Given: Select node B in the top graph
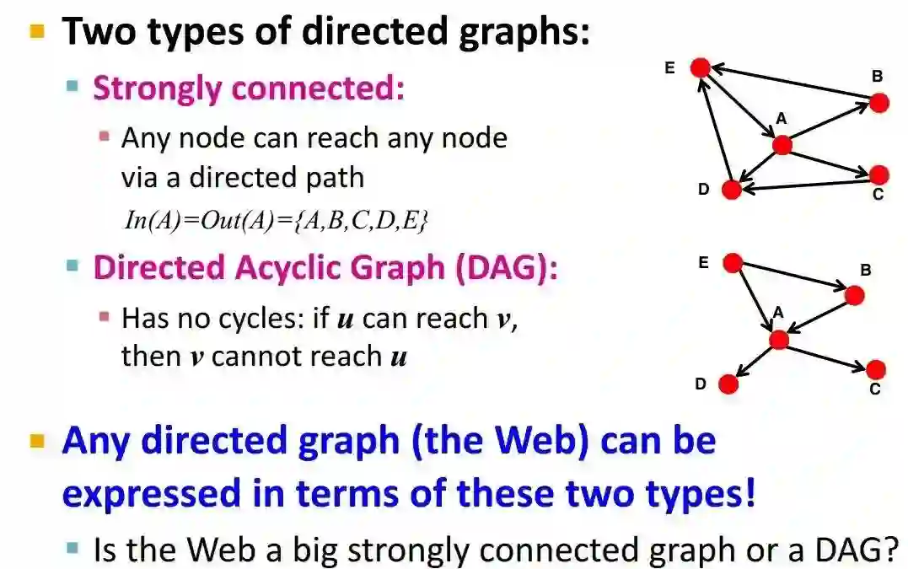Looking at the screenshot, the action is pos(878,103).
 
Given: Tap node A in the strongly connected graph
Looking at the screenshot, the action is pos(782,145).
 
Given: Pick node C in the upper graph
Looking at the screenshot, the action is pos(878,174).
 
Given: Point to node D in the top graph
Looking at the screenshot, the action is pos(732,190).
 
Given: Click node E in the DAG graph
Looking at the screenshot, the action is pos(733,264).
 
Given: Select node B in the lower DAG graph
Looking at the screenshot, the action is pos(854,295).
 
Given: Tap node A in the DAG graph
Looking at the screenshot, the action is pos(779,340).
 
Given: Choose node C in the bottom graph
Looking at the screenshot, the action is pos(876,369).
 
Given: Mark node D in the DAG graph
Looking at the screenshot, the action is pos(728,384).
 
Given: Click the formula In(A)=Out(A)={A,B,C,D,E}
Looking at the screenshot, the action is pos(277,221).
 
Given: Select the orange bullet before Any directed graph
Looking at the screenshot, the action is pos(37,441).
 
